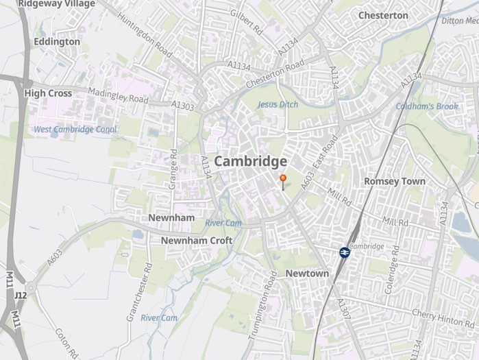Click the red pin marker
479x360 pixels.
[283, 179]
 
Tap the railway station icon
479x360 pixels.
[344, 252]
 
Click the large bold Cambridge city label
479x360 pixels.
[251, 161]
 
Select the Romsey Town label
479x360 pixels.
[394, 182]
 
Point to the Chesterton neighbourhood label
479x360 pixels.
[383, 15]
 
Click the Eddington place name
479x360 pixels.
[56, 42]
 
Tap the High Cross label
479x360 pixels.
[48, 93]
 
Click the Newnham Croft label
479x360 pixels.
[196, 241]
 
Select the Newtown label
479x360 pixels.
[307, 274]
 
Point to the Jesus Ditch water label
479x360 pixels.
[278, 105]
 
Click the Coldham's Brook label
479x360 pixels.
[426, 106]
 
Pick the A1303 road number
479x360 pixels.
[183, 106]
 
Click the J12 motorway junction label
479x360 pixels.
[20, 296]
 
